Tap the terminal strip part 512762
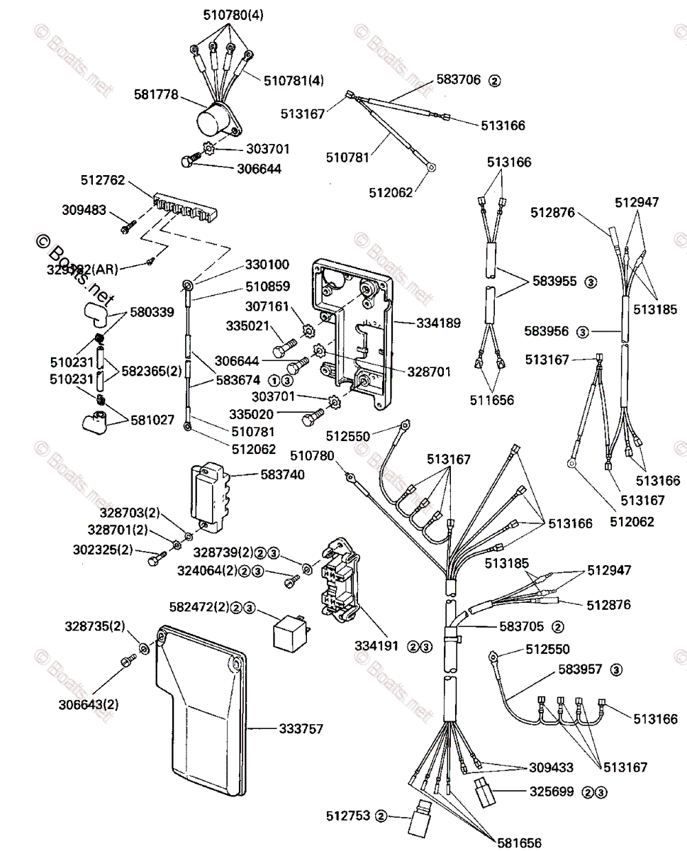point(186,207)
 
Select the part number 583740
point(281,474)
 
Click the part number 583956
point(548,330)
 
